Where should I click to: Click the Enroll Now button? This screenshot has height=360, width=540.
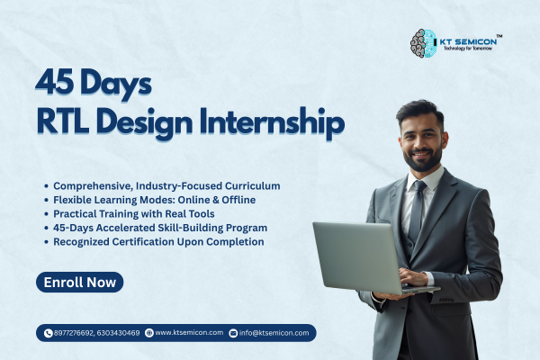(80, 283)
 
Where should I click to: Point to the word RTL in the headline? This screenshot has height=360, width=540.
(66, 121)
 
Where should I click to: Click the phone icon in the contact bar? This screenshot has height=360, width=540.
(49, 333)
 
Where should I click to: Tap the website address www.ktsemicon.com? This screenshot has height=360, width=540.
(189, 333)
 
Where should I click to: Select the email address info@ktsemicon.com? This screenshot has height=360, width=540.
(274, 333)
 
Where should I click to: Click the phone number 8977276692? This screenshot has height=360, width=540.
(76, 333)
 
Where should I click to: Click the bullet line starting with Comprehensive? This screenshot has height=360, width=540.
(166, 185)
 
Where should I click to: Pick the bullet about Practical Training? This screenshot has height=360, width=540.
(143, 213)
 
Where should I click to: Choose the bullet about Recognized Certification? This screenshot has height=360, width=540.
(157, 241)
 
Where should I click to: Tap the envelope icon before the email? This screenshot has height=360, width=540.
(233, 333)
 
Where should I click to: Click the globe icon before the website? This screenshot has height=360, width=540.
(149, 333)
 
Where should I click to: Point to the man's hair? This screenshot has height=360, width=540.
(419, 112)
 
